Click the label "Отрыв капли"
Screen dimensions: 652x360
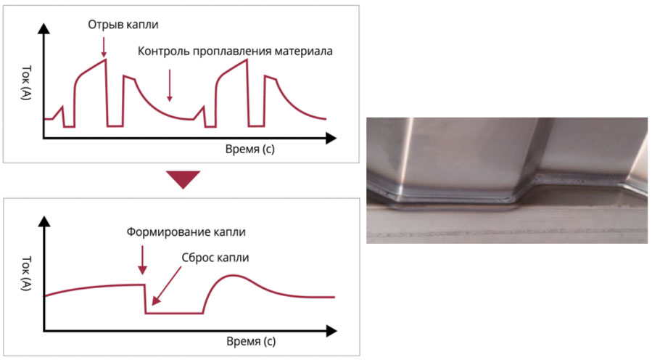(123, 25)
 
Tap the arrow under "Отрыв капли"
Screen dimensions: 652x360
(104, 46)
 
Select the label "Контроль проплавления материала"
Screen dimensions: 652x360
(235, 52)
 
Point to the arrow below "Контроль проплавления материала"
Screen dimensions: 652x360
(169, 86)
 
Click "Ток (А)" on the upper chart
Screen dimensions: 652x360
(26, 83)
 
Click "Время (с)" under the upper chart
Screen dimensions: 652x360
(250, 149)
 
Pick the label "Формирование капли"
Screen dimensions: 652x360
(186, 232)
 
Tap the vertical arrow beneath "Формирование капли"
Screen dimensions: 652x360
(143, 260)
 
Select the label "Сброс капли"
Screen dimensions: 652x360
(215, 258)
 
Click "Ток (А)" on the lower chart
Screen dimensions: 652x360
(26, 273)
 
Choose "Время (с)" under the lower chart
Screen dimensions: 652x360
(251, 342)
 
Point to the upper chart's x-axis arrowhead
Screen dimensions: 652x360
(331, 138)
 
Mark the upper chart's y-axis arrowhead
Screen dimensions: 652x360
(44, 28)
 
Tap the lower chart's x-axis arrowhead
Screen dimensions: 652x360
(331, 331)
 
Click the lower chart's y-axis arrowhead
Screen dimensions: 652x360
(44, 221)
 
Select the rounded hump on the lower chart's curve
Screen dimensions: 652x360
(233, 276)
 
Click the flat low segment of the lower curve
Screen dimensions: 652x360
(174, 313)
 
